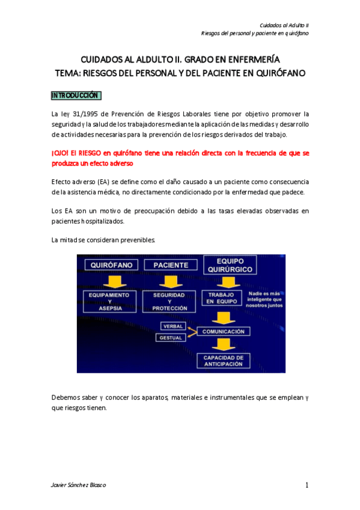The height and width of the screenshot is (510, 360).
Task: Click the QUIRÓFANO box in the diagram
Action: [114, 265]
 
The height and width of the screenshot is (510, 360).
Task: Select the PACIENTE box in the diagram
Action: [170, 265]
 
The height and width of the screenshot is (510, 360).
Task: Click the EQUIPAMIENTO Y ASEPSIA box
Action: [109, 302]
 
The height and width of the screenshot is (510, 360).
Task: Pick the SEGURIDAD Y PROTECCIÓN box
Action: [169, 302]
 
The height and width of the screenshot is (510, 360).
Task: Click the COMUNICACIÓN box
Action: [223, 331]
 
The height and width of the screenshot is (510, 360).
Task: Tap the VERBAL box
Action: [173, 326]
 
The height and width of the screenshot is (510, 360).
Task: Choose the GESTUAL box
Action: [171, 337]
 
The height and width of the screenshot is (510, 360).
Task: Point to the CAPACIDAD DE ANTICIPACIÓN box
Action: [222, 360]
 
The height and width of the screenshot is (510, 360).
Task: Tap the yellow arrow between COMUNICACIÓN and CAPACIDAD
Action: [223, 345]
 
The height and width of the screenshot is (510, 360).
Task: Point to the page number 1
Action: [307, 485]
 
